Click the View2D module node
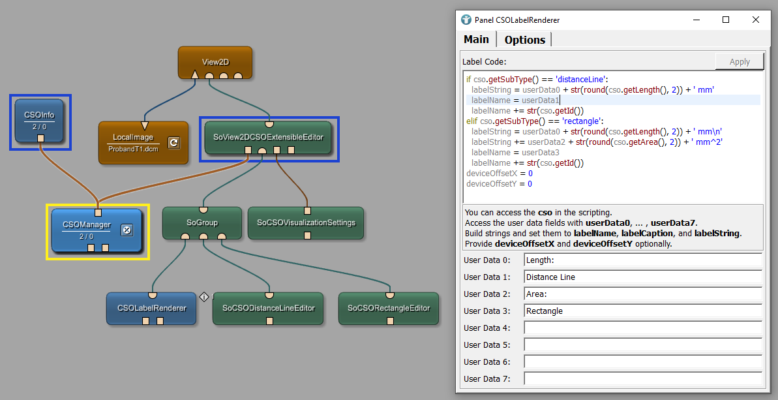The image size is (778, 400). tap(215, 62)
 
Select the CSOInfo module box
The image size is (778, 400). tap(39, 121)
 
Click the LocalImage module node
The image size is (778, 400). tap(132, 142)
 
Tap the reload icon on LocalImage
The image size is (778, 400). tap(173, 142)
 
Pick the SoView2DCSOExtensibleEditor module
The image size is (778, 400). tap(268, 137)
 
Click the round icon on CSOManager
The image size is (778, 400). tap(127, 229)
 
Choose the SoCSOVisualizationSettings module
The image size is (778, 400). tap(306, 223)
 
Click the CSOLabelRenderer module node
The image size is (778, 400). tap(151, 308)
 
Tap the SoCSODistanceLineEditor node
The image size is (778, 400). tap(268, 308)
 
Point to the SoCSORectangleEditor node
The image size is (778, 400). tap(389, 308)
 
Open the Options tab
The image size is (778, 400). tap(524, 40)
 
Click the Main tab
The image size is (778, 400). tap(476, 39)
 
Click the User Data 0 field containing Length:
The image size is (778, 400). tap(642, 260)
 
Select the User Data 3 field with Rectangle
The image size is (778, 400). tap(642, 311)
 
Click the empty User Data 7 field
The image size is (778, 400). tap(642, 379)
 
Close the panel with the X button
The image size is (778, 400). tap(755, 20)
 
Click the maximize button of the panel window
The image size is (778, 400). tap(726, 20)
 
